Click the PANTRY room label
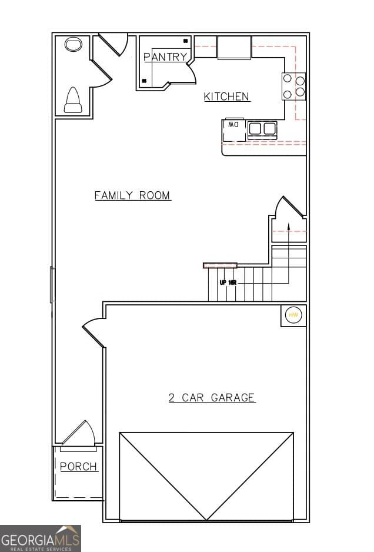click(x=165, y=57)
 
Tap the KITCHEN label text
click(x=226, y=97)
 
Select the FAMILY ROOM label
click(x=133, y=195)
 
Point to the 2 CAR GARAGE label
click(x=212, y=398)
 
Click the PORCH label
click(x=79, y=467)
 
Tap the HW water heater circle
click(x=293, y=315)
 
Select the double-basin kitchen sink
click(x=262, y=128)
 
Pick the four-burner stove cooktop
click(x=294, y=86)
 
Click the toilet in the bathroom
click(x=73, y=100)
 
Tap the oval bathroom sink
click(x=73, y=45)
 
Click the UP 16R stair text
click(x=228, y=282)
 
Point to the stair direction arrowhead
click(x=288, y=225)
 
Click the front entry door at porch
click(x=78, y=435)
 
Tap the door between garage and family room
click(x=94, y=332)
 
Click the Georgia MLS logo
click(x=41, y=538)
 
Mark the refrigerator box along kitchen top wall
click(x=234, y=47)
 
